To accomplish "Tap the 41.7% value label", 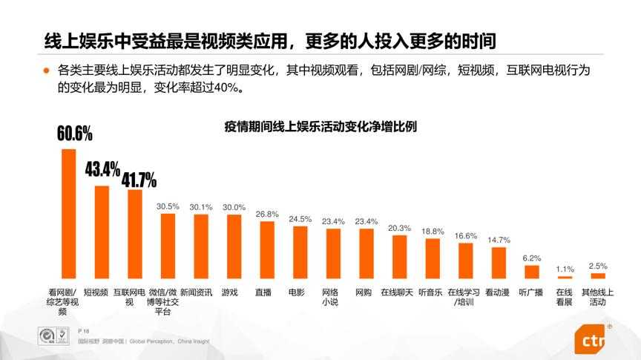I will point(139,180).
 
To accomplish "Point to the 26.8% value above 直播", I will point(266,215).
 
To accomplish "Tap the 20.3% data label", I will point(399,228).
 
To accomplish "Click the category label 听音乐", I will point(430,292).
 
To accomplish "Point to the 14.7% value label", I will point(498,240).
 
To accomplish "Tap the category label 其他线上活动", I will point(597,297).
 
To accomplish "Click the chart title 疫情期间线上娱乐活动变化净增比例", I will point(320,127).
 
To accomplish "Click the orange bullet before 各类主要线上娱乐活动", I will point(46,71).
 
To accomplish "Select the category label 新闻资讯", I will point(196,292).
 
